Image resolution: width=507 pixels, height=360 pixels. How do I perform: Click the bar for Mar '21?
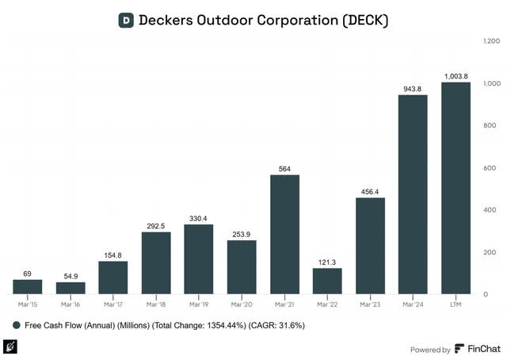[284, 234]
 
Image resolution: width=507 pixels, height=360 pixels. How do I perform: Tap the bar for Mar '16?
[71, 288]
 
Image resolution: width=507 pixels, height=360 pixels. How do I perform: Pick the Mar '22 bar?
[327, 281]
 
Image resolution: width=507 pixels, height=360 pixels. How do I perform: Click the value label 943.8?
[413, 88]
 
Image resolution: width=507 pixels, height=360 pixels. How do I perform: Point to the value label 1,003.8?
[456, 75]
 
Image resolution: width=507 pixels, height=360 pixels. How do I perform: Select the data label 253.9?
[242, 234]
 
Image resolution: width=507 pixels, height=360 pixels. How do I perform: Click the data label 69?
[28, 273]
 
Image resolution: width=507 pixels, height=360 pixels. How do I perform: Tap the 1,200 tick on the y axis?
[491, 40]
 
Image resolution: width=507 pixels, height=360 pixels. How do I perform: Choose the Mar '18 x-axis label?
[156, 304]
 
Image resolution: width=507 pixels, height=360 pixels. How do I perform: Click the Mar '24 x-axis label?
[413, 304]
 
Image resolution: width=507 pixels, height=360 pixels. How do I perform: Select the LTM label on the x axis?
[456, 304]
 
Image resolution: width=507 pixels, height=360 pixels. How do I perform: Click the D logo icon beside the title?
[125, 20]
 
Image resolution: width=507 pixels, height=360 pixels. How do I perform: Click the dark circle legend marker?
[17, 325]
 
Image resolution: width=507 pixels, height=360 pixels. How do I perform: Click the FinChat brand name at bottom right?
[484, 349]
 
